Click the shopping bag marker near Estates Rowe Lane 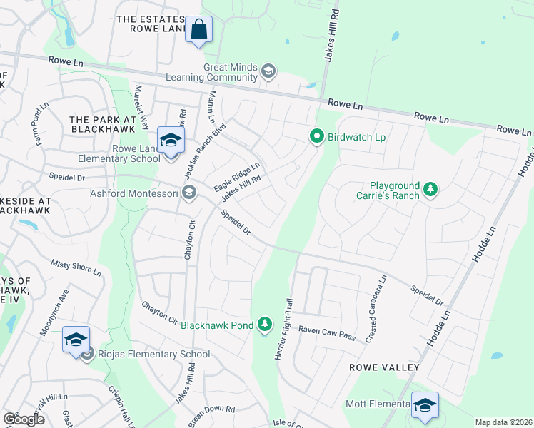tap(199, 31)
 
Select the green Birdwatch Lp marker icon tap(316, 136)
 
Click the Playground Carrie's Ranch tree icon tap(430, 189)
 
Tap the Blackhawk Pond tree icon tap(265, 325)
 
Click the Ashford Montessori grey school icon tap(189, 192)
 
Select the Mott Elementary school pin tap(425, 406)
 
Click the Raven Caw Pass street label tap(326, 330)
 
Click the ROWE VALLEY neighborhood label tap(383, 367)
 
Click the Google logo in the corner tap(24, 419)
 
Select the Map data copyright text tap(503, 422)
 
